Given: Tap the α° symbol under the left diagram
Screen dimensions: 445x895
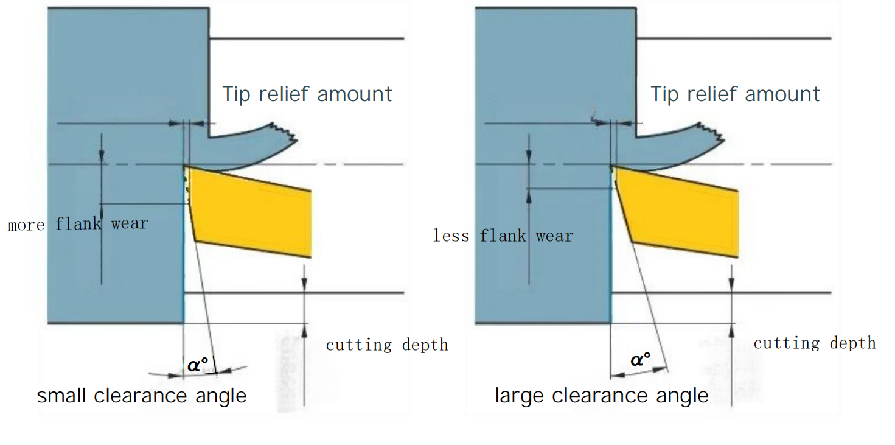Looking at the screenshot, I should [x=198, y=365].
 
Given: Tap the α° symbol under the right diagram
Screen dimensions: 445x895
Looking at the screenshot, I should [x=641, y=360].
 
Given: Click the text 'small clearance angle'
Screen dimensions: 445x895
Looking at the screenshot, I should [x=142, y=396].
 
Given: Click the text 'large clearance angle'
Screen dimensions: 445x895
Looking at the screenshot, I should [x=602, y=396].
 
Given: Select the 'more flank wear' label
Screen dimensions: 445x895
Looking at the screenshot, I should [x=77, y=224].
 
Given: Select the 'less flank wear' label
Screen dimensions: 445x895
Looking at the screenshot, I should [x=503, y=236].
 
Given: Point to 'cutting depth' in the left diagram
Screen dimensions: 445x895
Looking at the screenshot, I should [x=387, y=345].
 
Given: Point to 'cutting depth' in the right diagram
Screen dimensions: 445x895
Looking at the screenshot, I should [x=815, y=343].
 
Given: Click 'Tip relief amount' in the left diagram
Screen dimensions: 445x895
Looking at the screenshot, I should [x=307, y=94].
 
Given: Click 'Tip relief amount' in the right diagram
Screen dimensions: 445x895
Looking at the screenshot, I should [x=735, y=94].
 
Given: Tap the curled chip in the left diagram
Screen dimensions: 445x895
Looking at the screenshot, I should [x=256, y=146].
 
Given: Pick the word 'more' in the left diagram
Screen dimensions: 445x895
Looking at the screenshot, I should [x=26, y=225].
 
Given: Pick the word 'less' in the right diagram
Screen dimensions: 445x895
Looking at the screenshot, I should [x=451, y=236].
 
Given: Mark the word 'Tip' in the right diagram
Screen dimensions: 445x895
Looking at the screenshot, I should [x=664, y=94].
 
